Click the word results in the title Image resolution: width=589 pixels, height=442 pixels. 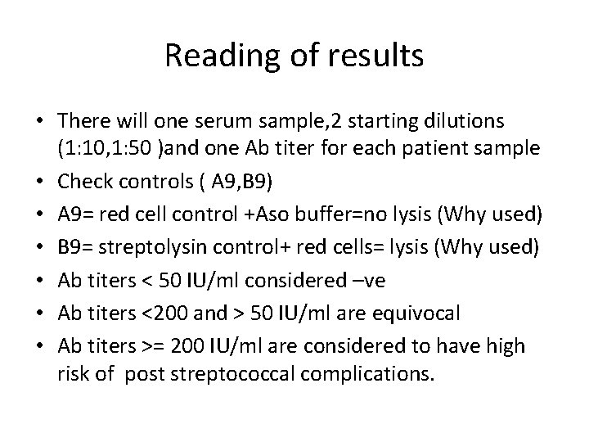click(379, 56)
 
